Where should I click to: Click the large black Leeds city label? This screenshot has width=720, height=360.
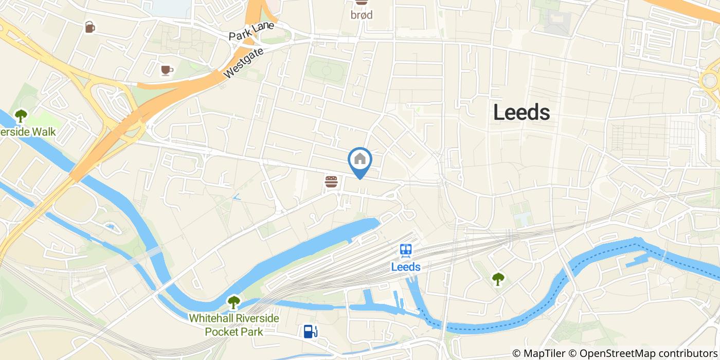(521, 112)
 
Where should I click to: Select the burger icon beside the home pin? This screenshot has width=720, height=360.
(331, 182)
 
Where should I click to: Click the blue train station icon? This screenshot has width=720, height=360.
(406, 250)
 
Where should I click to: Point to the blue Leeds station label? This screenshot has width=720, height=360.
(406, 267)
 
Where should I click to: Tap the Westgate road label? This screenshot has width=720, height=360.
(244, 63)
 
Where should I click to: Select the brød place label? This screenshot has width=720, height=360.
(362, 15)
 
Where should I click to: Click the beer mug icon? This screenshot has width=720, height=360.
(90, 27)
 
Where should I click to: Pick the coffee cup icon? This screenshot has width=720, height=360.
(166, 70)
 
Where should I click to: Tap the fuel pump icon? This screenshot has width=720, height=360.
(310, 331)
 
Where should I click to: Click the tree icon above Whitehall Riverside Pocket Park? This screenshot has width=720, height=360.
(234, 302)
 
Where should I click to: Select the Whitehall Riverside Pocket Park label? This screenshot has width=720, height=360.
(234, 325)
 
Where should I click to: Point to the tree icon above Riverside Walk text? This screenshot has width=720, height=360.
(21, 116)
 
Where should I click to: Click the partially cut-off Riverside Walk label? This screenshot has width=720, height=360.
(28, 132)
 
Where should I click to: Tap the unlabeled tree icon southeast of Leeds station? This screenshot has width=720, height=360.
(498, 279)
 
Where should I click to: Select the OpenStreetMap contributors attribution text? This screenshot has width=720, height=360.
(643, 353)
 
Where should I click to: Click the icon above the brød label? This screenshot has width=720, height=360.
(362, 2)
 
